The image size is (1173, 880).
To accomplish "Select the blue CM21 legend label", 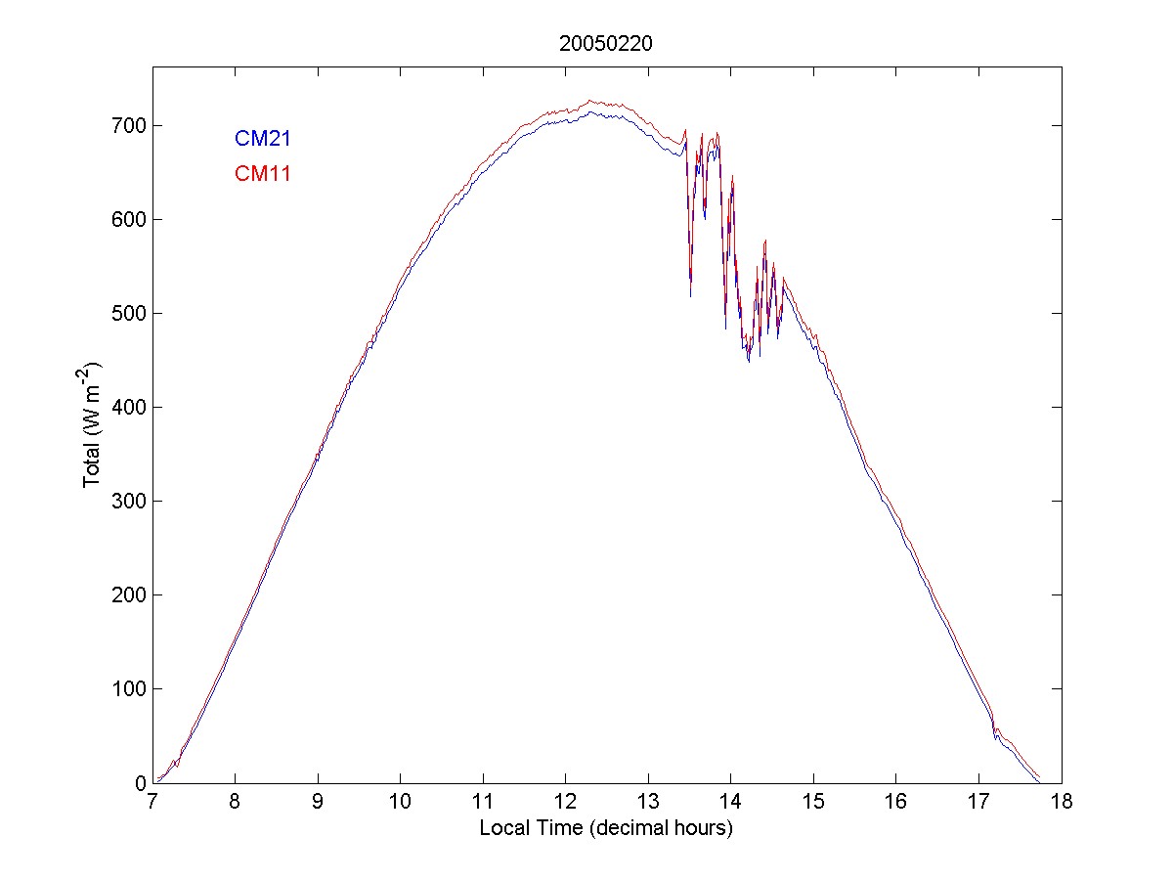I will [x=262, y=139].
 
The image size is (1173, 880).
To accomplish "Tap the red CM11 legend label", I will [x=262, y=174].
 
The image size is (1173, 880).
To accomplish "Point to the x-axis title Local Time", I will [x=606, y=828].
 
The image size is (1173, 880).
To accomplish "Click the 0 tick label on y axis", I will [x=140, y=782].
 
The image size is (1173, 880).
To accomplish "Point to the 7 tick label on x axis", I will [x=152, y=803].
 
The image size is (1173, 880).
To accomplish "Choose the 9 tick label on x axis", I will [x=318, y=803].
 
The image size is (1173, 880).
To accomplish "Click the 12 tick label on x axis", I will [x=566, y=803].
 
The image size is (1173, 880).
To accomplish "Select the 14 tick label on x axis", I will [x=731, y=803].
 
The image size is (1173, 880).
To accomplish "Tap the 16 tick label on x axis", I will [x=896, y=803].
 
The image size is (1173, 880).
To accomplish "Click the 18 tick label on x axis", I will [x=1062, y=803].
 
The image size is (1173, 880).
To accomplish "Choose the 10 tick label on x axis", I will [x=401, y=803].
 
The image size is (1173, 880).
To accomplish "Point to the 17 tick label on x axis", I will [x=978, y=803].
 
